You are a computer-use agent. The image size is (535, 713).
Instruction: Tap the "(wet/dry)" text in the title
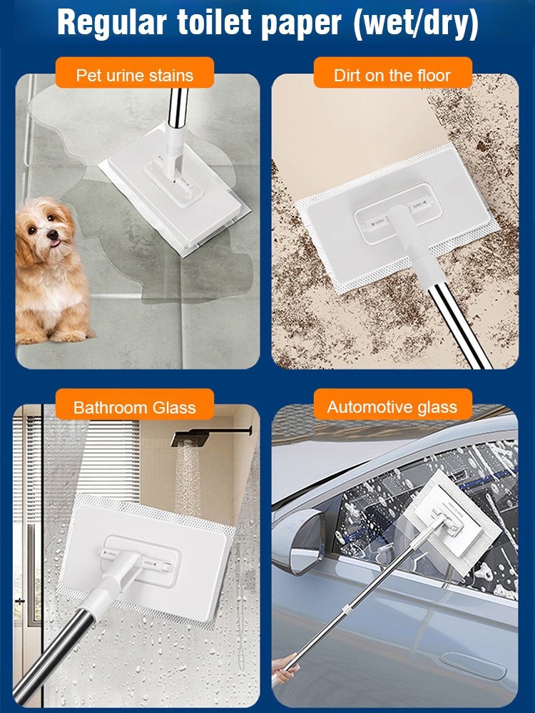click(416, 24)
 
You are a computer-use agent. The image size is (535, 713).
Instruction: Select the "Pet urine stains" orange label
click(135, 73)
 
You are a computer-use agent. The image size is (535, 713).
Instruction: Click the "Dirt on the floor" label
click(392, 73)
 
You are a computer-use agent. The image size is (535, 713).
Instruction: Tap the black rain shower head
click(190, 438)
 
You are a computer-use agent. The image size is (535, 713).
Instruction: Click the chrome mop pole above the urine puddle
click(178, 107)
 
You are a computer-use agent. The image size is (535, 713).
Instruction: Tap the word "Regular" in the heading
click(112, 24)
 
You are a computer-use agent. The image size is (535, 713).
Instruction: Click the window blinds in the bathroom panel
click(113, 459)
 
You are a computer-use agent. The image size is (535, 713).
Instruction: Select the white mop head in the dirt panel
click(397, 218)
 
